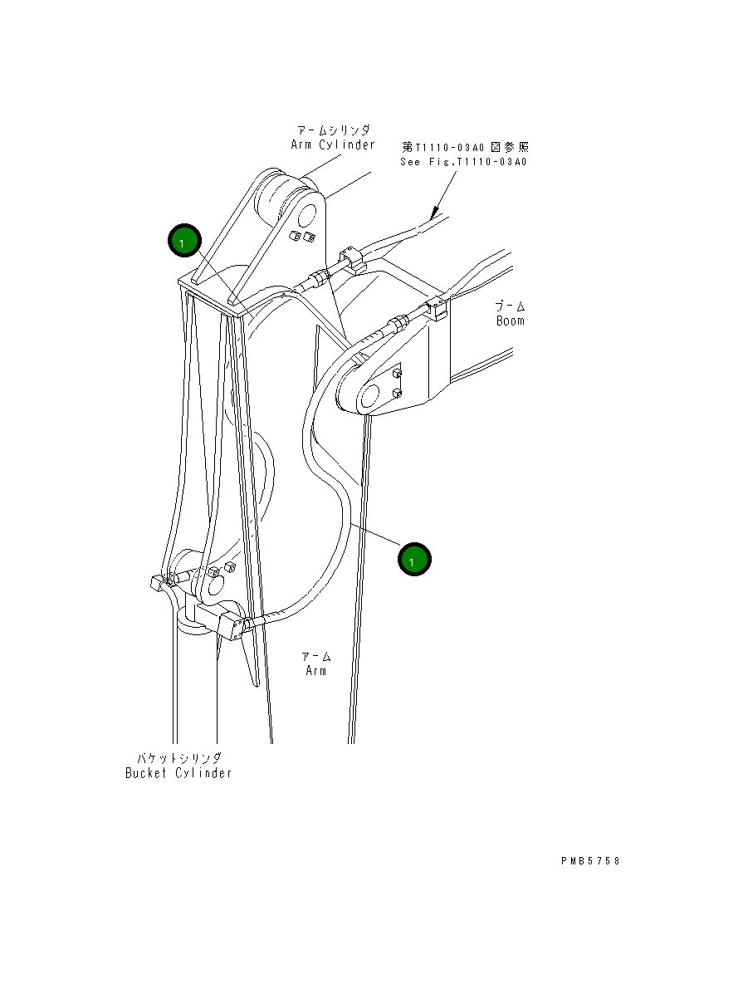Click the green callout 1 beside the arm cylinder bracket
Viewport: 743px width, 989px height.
pos(183,242)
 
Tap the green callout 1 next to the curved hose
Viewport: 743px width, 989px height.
pos(413,560)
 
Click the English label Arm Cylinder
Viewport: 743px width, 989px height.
pos(333,144)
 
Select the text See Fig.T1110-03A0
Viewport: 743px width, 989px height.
pos(462,162)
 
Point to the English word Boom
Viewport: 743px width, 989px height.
pos(511,321)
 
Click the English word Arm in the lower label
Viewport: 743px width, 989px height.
pos(315,670)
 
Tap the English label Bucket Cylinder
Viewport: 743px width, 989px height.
pos(178,773)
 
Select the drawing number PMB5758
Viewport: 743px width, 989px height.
pos(589,861)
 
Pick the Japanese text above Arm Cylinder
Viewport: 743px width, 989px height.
pos(334,130)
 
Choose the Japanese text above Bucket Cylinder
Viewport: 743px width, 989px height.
pos(179,758)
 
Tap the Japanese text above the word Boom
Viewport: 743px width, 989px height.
pos(511,306)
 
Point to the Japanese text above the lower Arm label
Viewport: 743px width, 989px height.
pos(315,656)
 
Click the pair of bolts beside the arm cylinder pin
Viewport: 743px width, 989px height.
pos(301,238)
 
